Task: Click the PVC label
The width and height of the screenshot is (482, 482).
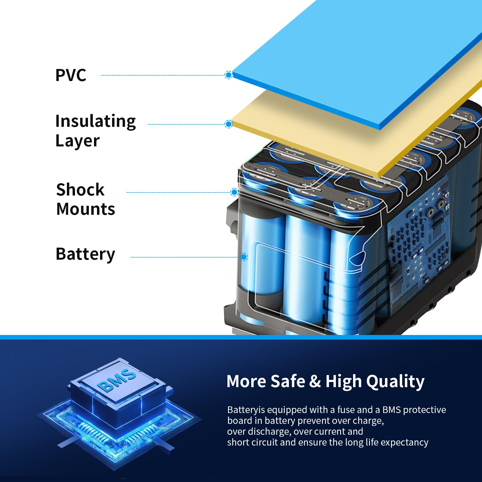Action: point(71,75)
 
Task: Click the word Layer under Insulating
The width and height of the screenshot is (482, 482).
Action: point(77,141)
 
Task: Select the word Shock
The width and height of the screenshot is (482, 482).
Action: point(80,190)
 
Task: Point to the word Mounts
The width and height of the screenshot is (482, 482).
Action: point(86,209)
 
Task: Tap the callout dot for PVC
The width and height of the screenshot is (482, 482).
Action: point(229,75)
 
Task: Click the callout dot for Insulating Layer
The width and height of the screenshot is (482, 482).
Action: point(229,124)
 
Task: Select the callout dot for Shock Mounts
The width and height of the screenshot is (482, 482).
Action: point(234,192)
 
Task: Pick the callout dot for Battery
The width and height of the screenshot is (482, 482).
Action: point(244,257)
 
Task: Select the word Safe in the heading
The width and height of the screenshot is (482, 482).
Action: point(288,381)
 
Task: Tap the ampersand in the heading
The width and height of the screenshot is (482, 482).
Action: point(315,381)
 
